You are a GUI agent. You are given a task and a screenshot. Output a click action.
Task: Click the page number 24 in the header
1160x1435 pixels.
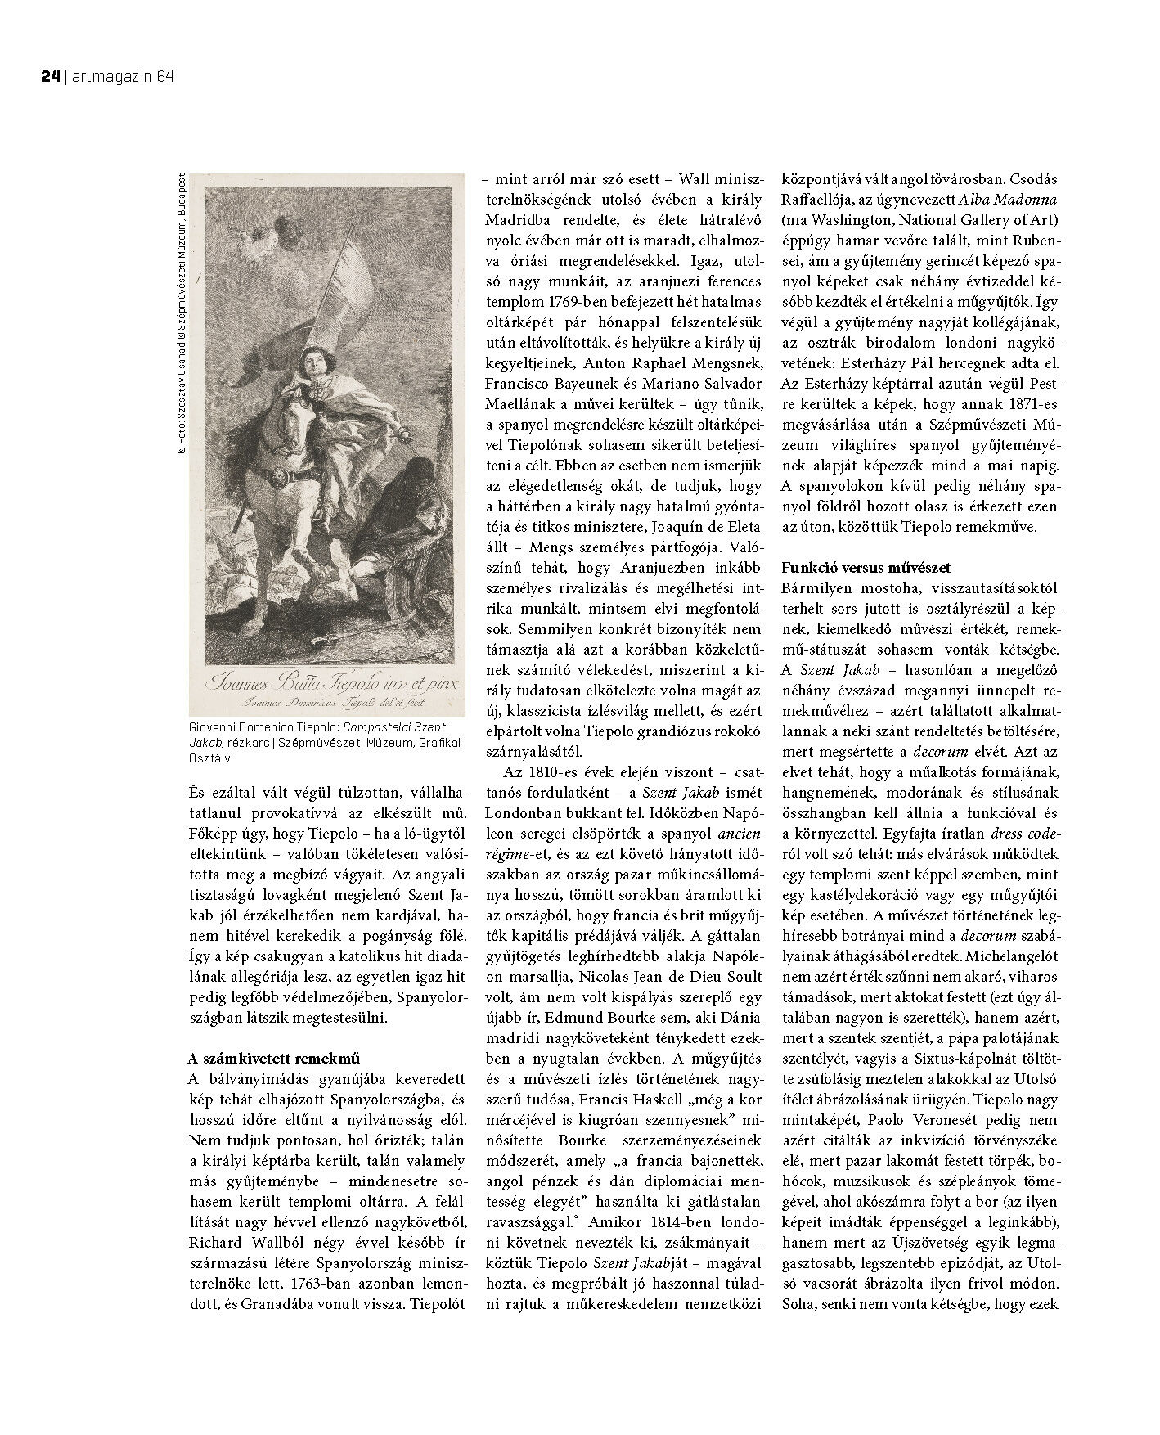(48, 77)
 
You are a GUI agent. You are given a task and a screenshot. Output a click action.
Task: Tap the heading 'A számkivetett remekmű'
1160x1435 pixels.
(274, 1058)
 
